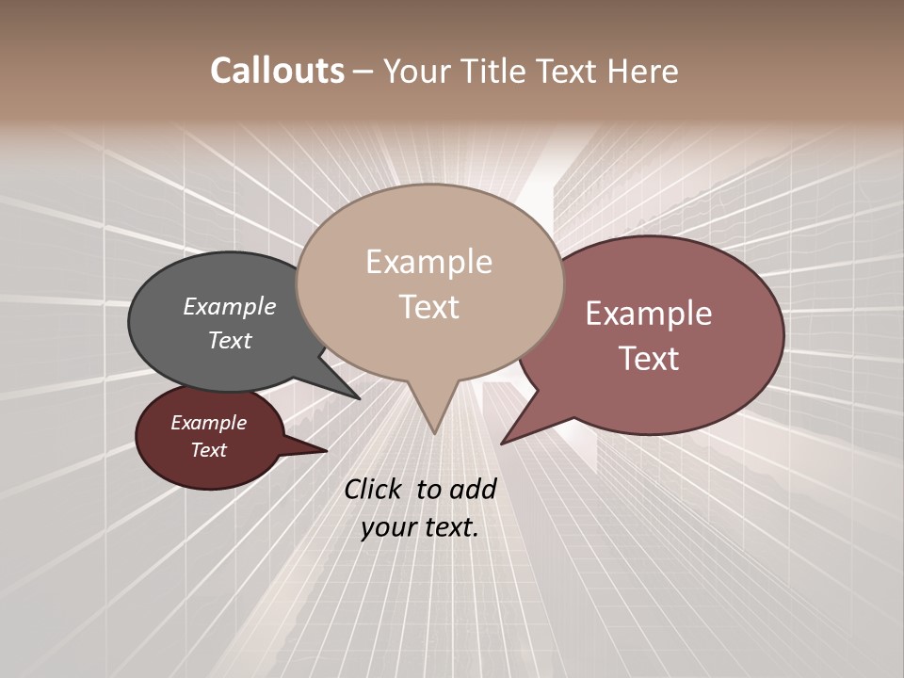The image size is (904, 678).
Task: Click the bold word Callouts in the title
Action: click(277, 71)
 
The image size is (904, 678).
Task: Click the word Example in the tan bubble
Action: click(428, 262)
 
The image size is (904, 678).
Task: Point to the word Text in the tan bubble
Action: click(428, 307)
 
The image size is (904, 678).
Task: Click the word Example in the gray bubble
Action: click(230, 306)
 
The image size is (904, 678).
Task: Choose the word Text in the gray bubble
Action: click(230, 340)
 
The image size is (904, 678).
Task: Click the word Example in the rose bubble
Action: click(649, 314)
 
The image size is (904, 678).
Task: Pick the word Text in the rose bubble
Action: click(649, 359)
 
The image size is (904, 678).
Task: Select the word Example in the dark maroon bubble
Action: click(208, 423)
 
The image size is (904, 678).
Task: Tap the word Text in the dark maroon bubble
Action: click(208, 450)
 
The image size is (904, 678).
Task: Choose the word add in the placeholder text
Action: click(473, 489)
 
